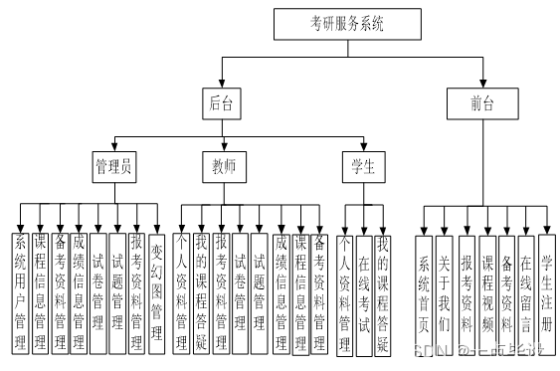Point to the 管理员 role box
coord(113,167)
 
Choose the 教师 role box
coord(223,167)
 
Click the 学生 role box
coord(363,167)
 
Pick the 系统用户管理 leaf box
coord(21,292)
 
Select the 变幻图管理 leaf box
coord(156,292)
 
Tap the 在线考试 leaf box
coord(364,292)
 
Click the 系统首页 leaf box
coord(424,292)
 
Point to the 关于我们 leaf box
coord(445,292)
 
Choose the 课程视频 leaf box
coord(487,292)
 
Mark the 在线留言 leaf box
coord(526,292)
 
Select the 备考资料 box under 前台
coord(506,292)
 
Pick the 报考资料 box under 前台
coord(467,292)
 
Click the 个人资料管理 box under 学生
coord(344,292)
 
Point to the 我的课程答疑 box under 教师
coord(201,292)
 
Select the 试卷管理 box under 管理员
coord(97,292)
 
